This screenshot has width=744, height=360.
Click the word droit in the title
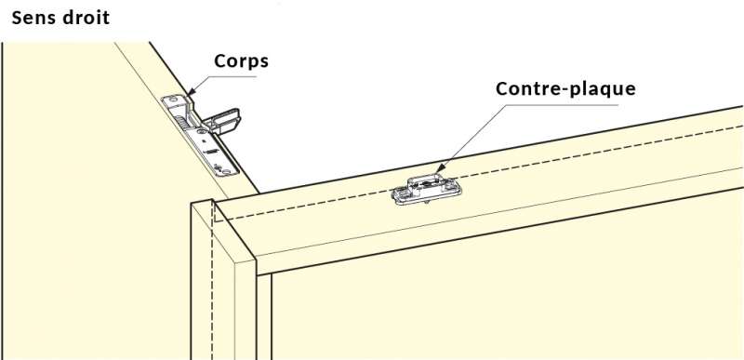coord(86,18)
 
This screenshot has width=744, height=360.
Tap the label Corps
coord(241,61)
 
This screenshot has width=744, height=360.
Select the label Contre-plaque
coord(565,88)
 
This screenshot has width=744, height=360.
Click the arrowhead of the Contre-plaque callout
coord(440,167)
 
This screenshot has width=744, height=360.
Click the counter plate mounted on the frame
coord(427,189)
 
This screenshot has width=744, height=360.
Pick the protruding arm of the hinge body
coord(223,120)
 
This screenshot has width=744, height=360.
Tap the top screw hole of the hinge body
coord(172,100)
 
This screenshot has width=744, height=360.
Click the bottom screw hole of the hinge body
coord(228,170)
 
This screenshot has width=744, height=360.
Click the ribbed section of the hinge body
coord(182,121)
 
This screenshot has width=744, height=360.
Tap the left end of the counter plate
coord(399,194)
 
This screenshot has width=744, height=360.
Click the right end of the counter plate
coord(456,189)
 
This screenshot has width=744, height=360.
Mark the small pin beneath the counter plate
coord(429,203)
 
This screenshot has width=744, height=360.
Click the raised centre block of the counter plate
coord(427,182)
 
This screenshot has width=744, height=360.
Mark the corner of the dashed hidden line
coord(214,221)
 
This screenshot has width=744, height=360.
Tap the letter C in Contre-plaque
coord(502,88)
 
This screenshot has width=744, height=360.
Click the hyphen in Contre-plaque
coord(562,90)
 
